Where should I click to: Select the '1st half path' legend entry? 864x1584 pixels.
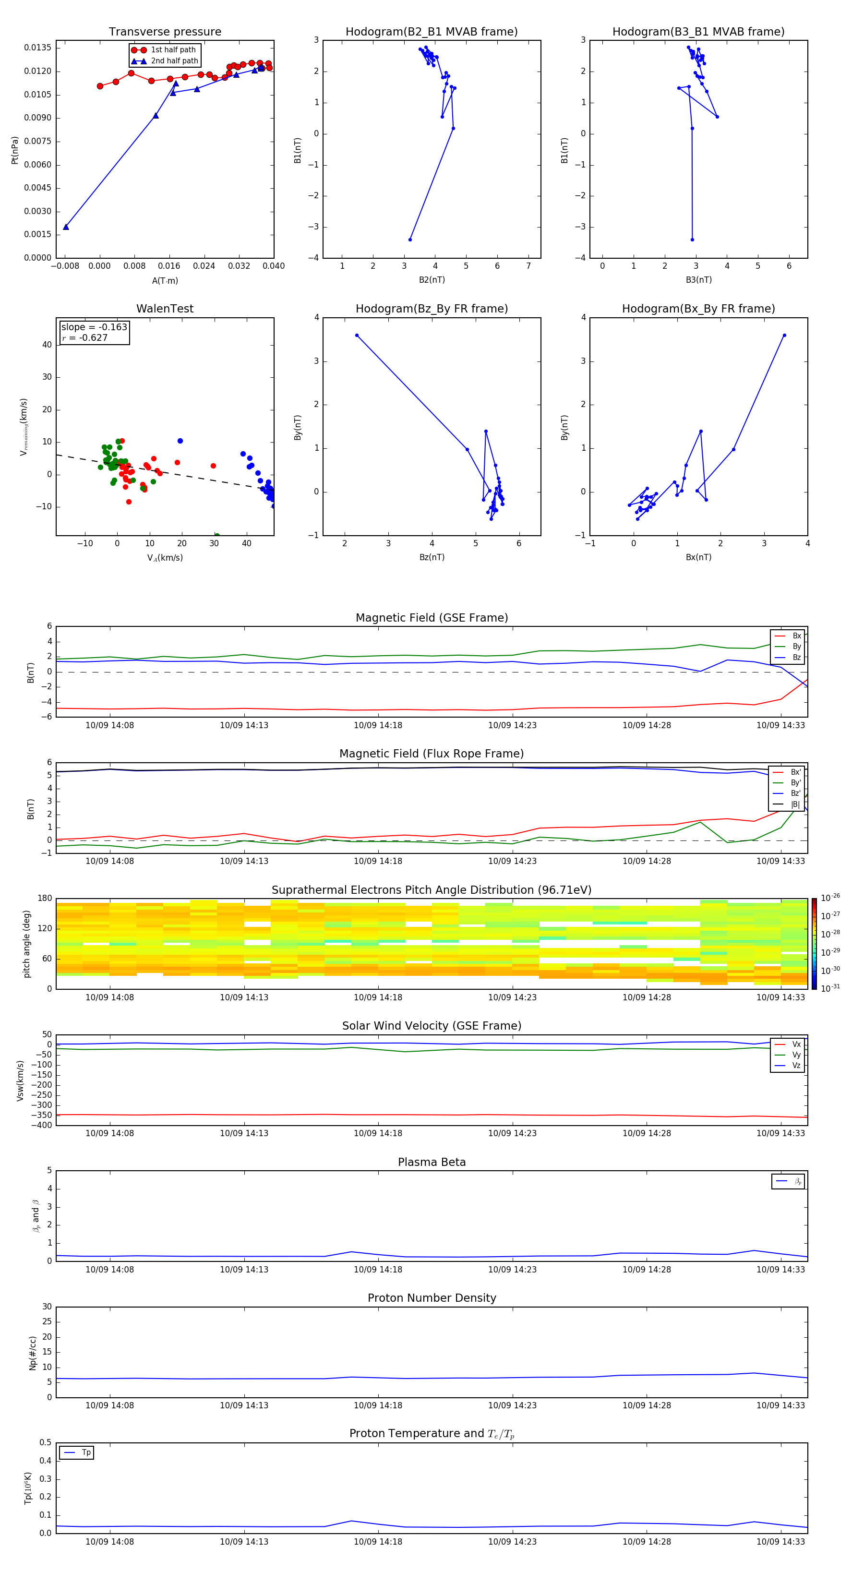click(x=173, y=50)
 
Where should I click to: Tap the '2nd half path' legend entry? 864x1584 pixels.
click(x=174, y=61)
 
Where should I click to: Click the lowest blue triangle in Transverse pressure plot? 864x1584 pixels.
click(x=66, y=227)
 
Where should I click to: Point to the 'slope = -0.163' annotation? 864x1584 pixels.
click(x=94, y=327)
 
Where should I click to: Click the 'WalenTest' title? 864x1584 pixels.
click(x=165, y=309)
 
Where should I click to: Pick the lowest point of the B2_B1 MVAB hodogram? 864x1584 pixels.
click(x=410, y=239)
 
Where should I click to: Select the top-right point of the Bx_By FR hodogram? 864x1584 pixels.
click(x=784, y=335)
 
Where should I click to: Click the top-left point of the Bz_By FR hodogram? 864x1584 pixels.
click(x=357, y=335)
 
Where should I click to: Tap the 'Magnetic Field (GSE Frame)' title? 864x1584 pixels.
click(x=432, y=618)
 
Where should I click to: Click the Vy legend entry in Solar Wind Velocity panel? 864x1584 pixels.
click(x=796, y=1055)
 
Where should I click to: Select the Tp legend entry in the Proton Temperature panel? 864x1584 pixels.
click(x=86, y=1452)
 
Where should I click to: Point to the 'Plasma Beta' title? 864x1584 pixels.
click(x=432, y=1162)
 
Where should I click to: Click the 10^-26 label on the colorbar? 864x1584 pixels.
click(x=830, y=898)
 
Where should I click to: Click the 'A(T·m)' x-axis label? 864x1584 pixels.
click(x=165, y=280)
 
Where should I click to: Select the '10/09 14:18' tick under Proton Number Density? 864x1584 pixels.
click(x=378, y=1405)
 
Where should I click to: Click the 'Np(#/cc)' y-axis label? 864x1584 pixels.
click(x=33, y=1353)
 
